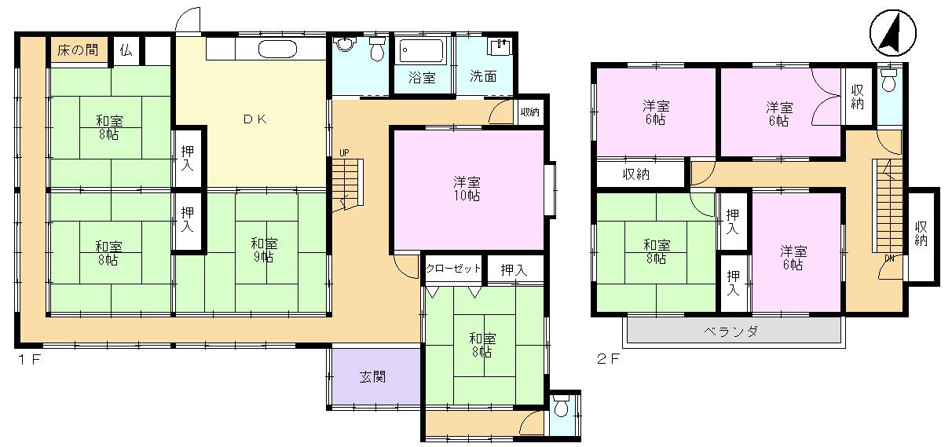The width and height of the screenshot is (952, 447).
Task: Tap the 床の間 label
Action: [78, 50]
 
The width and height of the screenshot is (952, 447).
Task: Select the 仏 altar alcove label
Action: [126, 50]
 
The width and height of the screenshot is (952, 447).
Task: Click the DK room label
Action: [255, 119]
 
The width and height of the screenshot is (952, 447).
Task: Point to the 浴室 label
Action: [422, 77]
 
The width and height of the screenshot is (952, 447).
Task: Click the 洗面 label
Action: [484, 76]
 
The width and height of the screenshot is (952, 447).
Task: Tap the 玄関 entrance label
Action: [373, 377]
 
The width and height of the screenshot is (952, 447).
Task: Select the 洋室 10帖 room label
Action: [467, 189]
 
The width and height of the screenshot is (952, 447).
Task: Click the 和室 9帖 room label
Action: [264, 251]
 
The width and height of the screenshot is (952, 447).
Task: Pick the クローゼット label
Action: [453, 268]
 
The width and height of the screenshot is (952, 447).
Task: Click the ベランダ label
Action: [731, 331]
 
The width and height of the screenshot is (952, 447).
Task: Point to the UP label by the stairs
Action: [344, 152]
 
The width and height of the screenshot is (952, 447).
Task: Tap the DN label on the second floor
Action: [889, 258]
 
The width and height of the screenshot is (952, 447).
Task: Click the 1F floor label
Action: [29, 360]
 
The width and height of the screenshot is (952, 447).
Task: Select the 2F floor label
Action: [608, 359]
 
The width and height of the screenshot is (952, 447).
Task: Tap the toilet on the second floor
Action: [888, 80]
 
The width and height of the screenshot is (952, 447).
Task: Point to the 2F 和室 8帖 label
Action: [657, 252]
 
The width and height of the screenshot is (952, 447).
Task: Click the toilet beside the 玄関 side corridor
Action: [562, 406]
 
